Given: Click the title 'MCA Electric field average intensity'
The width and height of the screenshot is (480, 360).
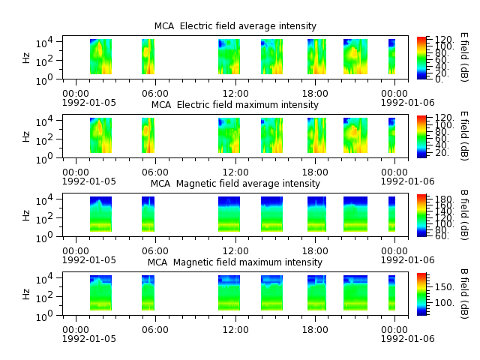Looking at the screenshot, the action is [x=235, y=26].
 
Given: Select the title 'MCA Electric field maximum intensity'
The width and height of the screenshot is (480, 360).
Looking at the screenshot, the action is [x=235, y=105].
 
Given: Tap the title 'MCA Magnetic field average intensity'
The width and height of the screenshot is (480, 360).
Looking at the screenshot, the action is [x=235, y=183].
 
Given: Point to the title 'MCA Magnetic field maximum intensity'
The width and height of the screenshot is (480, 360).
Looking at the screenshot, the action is [x=235, y=262].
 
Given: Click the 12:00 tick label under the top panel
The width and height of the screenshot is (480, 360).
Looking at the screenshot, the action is [x=235, y=93].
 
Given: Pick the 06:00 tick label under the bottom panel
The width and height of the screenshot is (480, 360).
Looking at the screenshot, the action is [x=155, y=330].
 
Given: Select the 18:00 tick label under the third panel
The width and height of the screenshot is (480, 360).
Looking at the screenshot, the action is [x=315, y=251].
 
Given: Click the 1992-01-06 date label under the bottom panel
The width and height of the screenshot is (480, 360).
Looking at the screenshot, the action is [x=407, y=339].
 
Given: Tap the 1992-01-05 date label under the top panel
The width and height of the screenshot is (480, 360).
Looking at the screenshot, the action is [x=89, y=103].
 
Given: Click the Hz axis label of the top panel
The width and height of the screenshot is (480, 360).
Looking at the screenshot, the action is [x=26, y=58].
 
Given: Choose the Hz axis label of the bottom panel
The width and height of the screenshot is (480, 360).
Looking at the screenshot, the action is [x=26, y=294].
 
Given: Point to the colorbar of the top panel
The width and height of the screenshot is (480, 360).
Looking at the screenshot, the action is [x=421, y=58].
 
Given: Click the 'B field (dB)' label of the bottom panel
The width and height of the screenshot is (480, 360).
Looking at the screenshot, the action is [x=464, y=294].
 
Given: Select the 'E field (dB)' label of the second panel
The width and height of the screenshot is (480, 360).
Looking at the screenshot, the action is [x=464, y=136].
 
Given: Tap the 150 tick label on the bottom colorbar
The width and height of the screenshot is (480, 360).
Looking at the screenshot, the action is [x=444, y=287].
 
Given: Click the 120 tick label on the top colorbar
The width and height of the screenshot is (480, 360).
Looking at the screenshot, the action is [x=444, y=40].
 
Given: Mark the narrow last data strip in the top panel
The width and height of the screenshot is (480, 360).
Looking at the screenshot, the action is [x=391, y=57].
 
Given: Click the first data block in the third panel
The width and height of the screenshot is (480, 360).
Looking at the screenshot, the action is [x=100, y=214].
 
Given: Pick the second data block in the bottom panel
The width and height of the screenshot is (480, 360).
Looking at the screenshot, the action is [x=148, y=293].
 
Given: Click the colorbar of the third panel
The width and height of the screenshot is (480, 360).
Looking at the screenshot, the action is [x=421, y=215].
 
